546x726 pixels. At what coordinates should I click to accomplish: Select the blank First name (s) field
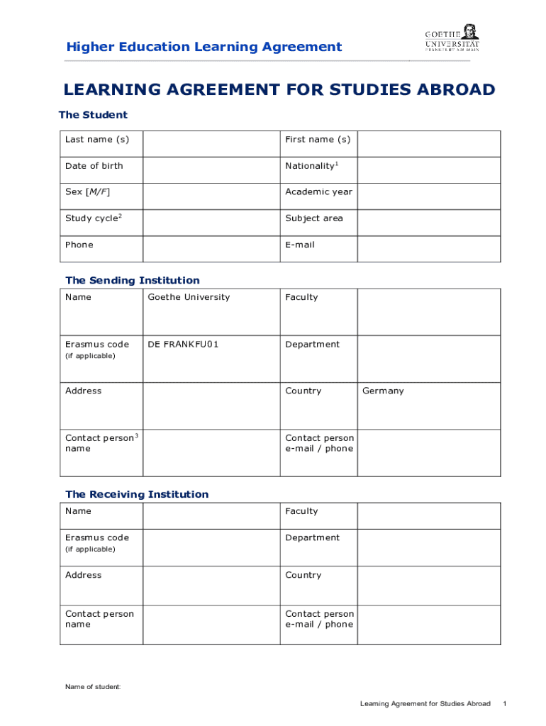(x=428, y=144)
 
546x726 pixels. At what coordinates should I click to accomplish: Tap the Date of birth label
(x=94, y=166)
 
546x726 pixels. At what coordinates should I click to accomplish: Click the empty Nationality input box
(x=428, y=170)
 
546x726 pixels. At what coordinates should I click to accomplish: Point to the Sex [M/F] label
(x=87, y=192)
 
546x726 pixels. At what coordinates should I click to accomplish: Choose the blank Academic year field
(x=428, y=196)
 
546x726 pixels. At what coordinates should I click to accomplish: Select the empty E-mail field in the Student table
(x=428, y=249)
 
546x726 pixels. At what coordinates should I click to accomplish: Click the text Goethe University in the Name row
(x=189, y=297)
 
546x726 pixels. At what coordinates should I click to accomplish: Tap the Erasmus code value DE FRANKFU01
(x=183, y=345)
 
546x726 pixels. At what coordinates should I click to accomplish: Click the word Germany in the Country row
(x=383, y=391)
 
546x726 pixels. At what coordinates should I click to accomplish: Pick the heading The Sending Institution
(x=133, y=280)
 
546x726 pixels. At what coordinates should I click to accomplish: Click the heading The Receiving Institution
(x=137, y=494)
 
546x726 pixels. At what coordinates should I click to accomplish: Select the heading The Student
(x=93, y=115)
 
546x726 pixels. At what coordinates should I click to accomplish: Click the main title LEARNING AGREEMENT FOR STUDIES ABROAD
(x=279, y=89)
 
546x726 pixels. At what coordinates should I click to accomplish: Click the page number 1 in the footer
(x=504, y=703)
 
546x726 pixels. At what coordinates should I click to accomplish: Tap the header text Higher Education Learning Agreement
(x=204, y=47)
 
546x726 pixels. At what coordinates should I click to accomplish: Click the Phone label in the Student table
(x=79, y=245)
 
